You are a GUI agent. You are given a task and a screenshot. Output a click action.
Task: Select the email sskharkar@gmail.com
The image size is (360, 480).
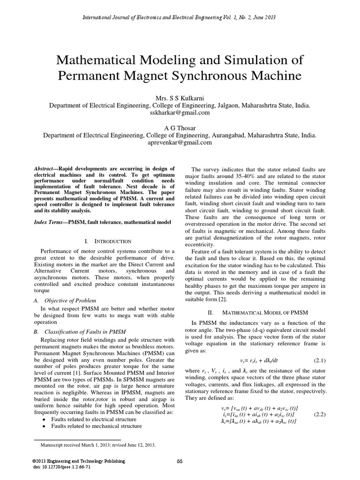tap(180, 112)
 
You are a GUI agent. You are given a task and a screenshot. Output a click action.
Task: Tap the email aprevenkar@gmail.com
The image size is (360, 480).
tap(180, 142)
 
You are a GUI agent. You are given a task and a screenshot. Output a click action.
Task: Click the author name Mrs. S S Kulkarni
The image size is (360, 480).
tap(180, 98)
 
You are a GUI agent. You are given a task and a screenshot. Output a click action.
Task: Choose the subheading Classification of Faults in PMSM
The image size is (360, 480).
tap(84, 331)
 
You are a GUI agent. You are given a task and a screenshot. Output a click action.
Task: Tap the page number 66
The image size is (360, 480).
tap(180, 461)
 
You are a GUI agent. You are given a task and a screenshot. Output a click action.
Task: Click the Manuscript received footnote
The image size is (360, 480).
tap(99, 445)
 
